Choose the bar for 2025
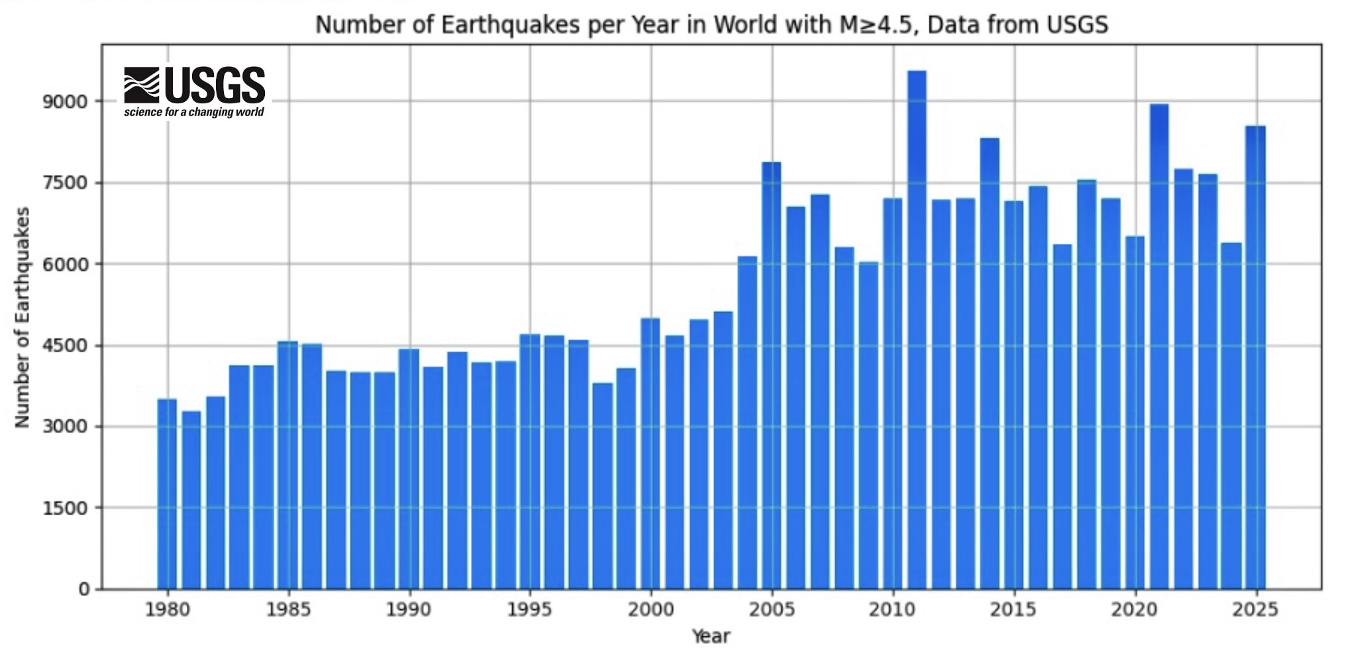coord(1255,358)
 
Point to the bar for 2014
coord(990,364)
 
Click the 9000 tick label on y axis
coord(65,102)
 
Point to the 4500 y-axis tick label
coord(65,346)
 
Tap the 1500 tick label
coord(65,508)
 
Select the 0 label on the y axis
coord(84,589)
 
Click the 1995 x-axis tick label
coord(529,609)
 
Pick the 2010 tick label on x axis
coord(892,609)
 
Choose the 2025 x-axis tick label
coord(1255,609)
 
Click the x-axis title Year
coord(711,636)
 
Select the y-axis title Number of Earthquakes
coord(23,317)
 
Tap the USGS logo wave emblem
coord(142,85)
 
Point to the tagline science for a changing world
coord(194,112)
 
